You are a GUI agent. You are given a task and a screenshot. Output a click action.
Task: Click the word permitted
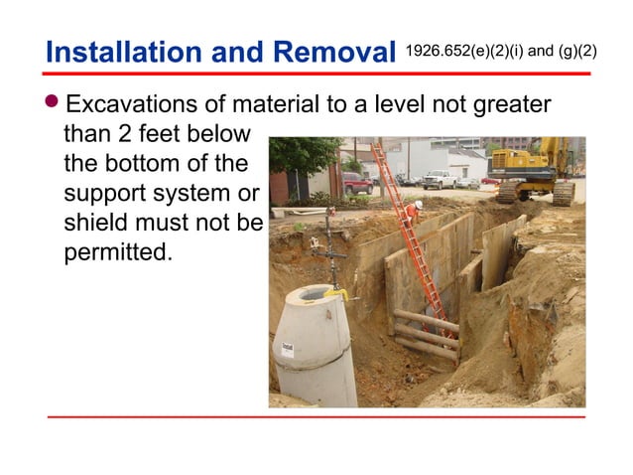click(116, 252)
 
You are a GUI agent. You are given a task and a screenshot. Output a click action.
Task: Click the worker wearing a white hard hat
click(418, 208)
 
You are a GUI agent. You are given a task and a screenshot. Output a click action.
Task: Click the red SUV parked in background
click(356, 183)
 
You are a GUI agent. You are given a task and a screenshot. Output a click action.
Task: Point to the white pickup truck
click(440, 180)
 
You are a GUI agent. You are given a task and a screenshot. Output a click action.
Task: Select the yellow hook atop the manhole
click(336, 293)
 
